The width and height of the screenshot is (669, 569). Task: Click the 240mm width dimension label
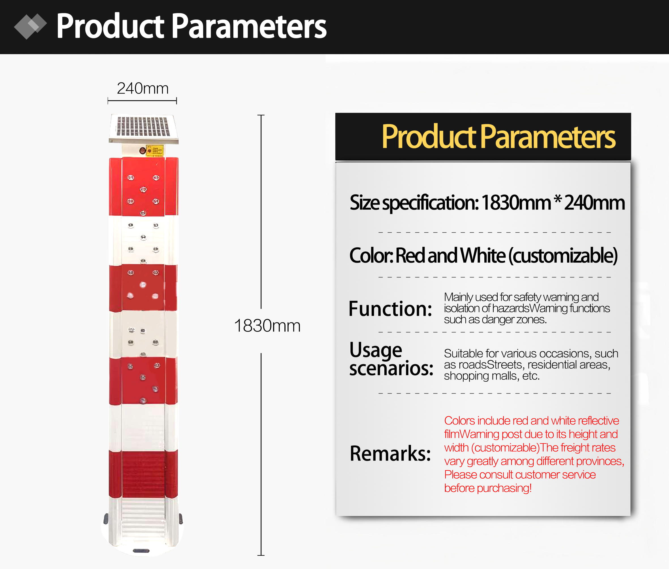point(142,88)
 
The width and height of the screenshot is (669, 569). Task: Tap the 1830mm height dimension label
point(267,326)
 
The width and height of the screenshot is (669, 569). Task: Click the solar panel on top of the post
point(144,128)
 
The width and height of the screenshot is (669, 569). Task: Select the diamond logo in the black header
point(30,26)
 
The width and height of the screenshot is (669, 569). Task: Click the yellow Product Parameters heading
point(498,137)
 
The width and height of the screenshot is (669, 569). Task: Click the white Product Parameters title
point(191,26)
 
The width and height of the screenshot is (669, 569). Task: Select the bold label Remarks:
point(390,453)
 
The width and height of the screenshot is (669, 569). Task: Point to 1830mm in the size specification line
point(516,203)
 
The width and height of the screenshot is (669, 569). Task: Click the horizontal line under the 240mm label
point(142,101)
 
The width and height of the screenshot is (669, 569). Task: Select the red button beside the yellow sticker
point(142,150)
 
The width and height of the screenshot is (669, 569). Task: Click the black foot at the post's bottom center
point(141,551)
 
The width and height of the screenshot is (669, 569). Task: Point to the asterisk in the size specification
point(557,199)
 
